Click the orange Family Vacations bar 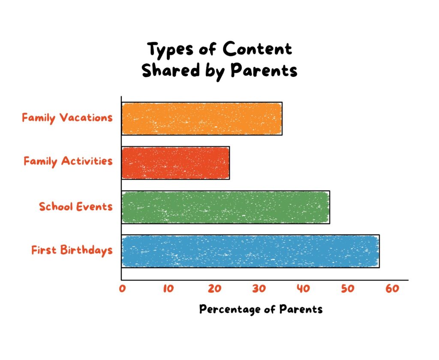click(x=202, y=118)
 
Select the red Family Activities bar click(x=175, y=163)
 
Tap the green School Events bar click(x=226, y=207)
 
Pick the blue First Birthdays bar click(x=250, y=251)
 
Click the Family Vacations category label click(x=67, y=118)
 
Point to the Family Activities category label click(x=68, y=161)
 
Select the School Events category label click(x=75, y=206)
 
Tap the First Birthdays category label click(x=72, y=250)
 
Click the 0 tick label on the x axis click(x=122, y=289)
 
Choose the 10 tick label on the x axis click(x=168, y=289)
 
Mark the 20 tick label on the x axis click(x=215, y=289)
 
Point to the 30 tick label click(x=259, y=289)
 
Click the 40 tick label click(x=303, y=289)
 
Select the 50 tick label click(x=348, y=289)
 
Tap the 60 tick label click(x=392, y=289)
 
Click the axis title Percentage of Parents click(x=261, y=309)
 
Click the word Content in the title click(x=257, y=49)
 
